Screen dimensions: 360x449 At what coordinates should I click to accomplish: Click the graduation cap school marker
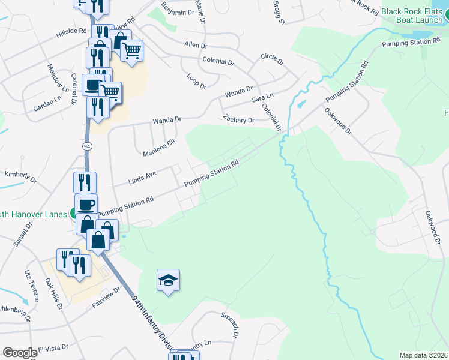click(x=169, y=280)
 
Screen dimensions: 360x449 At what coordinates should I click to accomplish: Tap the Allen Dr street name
click(x=196, y=45)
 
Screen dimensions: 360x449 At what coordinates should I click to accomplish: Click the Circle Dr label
click(x=274, y=56)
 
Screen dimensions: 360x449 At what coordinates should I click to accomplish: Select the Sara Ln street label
click(x=262, y=97)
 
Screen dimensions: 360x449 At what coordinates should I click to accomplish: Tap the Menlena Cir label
click(x=159, y=147)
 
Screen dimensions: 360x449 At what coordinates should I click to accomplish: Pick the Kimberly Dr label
click(x=21, y=177)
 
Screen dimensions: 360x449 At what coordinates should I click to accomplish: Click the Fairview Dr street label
click(x=107, y=296)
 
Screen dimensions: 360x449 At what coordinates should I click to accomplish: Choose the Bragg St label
click(x=278, y=13)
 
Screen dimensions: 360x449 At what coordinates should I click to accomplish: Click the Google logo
click(x=19, y=353)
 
